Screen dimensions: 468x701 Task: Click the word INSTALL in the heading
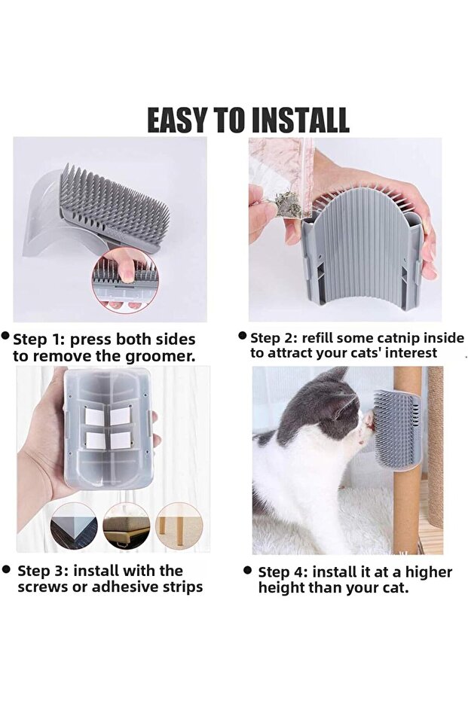300,120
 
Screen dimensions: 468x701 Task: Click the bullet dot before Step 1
6,335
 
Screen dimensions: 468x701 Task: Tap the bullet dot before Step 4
247,570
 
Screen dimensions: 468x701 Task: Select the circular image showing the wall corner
74,526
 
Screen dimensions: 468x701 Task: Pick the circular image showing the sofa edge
127,526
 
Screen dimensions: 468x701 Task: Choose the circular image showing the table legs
179,526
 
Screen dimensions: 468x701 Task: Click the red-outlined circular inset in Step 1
125,280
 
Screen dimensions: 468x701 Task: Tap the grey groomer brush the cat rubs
396,429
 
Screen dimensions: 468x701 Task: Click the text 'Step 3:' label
43,571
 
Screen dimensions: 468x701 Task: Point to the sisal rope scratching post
435,447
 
